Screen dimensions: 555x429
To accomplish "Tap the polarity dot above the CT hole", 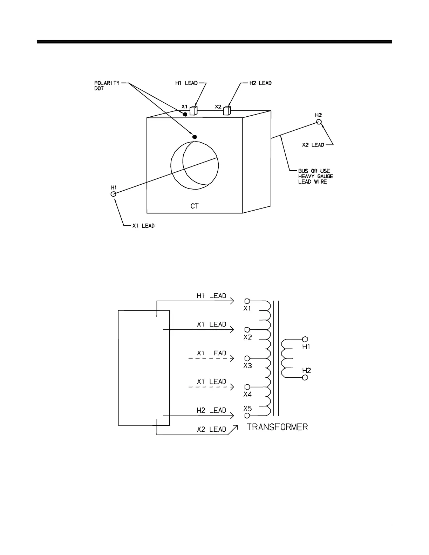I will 195,137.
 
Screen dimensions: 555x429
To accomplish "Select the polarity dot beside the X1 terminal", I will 185,114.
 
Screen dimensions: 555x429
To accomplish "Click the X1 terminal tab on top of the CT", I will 193,111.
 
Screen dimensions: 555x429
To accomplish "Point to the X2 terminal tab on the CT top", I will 227,111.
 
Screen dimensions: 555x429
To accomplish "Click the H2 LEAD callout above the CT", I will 260,83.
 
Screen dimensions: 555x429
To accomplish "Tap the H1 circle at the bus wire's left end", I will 113,194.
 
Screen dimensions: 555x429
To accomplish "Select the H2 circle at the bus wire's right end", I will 319,122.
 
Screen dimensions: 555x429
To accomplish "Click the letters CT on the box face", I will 195,206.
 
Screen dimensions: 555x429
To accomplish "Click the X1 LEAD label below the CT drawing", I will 143,226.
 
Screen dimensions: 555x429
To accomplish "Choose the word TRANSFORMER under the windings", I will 278,427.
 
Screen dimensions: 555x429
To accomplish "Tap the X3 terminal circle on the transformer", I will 247,358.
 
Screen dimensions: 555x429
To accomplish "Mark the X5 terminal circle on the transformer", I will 247,416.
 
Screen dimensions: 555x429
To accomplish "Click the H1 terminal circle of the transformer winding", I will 305,339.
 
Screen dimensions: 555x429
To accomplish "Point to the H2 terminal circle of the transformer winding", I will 305,377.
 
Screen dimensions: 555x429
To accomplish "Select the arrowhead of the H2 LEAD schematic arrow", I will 232,416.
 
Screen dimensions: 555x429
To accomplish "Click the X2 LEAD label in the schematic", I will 211,429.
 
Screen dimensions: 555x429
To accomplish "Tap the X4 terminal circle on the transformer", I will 247,387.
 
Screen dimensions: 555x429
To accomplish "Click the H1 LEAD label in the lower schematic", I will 211,296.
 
